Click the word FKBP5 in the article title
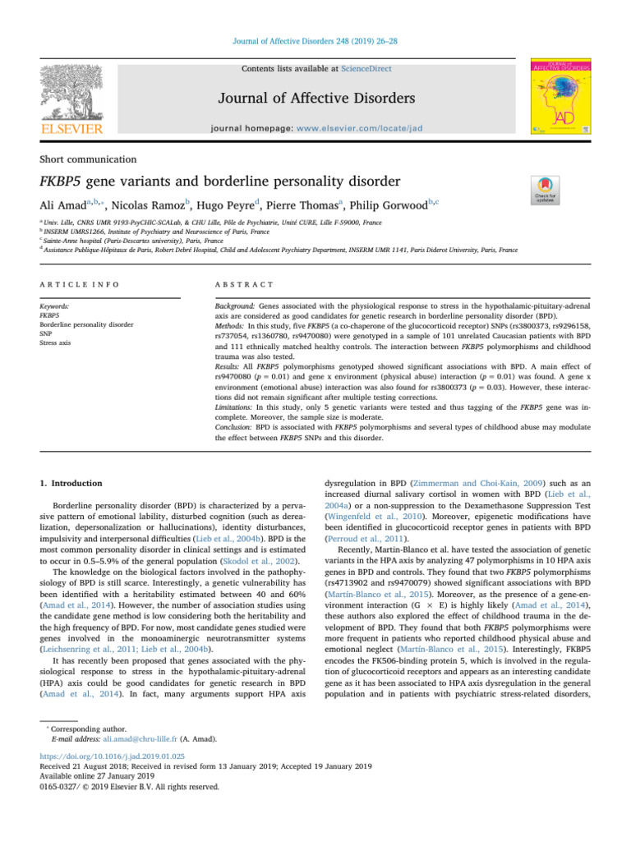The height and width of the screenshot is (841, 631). pyautogui.click(x=67, y=181)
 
